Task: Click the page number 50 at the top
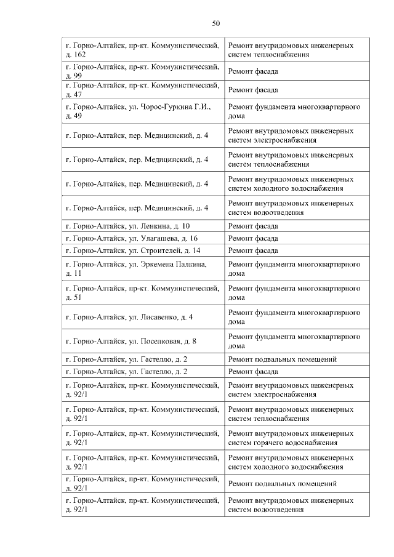(x=215, y=23)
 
